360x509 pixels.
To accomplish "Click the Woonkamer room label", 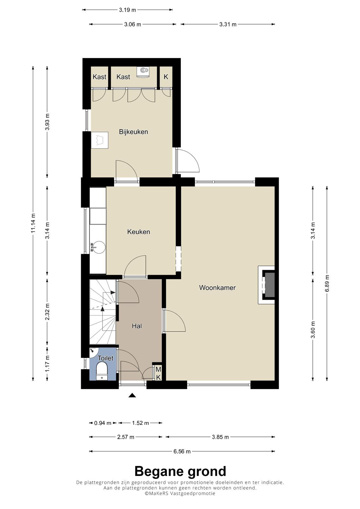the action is pos(217,288).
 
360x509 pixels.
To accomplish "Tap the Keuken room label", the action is pos(138,232).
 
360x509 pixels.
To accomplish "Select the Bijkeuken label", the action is pos(133,132).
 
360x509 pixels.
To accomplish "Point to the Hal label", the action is pos(137,326).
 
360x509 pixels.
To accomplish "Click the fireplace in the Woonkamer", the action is pos(266,285).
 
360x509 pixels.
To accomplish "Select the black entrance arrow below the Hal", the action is pos(132,396).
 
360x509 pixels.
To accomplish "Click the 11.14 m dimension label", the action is pos(33,223).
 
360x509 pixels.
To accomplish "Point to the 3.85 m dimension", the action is pos(220,437).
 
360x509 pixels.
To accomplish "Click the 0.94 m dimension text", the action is pos(103,423).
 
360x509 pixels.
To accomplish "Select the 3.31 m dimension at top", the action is pos(228,24).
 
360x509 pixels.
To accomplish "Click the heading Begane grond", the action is pos(180,471).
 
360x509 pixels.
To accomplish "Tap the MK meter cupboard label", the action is pos(159,373).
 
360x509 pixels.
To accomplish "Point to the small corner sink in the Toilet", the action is pos(93,351).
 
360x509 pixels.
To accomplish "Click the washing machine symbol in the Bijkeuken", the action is pos(100,140).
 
